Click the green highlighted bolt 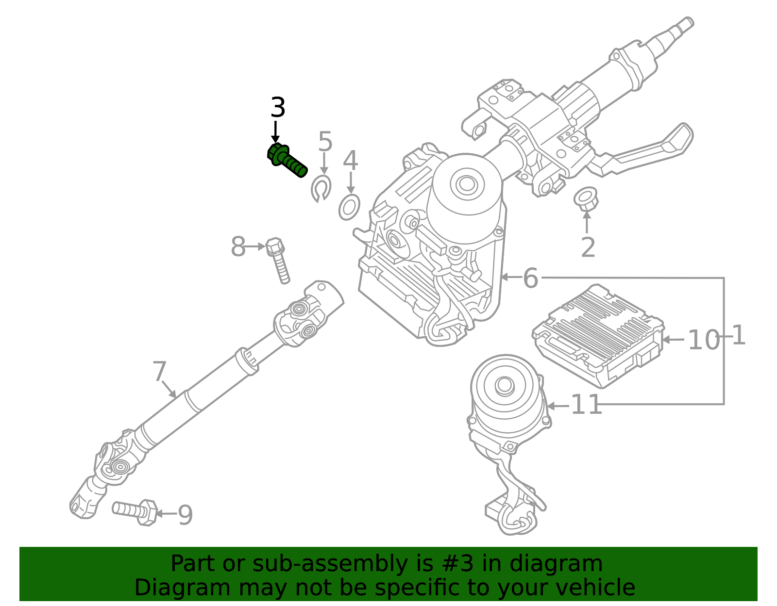point(287,160)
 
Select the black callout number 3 point(277,108)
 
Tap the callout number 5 point(325,142)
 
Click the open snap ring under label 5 point(321,189)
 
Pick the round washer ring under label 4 point(349,207)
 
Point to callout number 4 point(350,161)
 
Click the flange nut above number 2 point(585,198)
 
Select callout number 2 point(588,248)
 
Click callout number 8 point(238,247)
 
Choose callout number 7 point(159,372)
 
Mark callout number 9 point(185,515)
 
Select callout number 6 point(530,278)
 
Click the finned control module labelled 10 point(597,335)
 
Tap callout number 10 point(703,340)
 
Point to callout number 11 point(586,405)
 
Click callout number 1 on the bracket point(738,336)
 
